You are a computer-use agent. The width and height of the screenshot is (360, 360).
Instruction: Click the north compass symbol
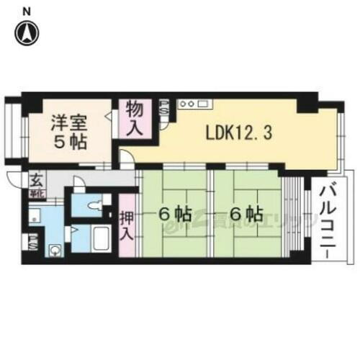tap(27, 32)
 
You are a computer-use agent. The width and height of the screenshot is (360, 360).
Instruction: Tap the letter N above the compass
tap(27, 10)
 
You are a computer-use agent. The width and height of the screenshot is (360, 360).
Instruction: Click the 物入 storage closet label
tap(135, 120)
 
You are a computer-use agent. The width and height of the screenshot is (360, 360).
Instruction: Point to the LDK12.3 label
tap(238, 135)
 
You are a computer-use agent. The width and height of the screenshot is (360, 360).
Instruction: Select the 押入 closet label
tap(126, 225)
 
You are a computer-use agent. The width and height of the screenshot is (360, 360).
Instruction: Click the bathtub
tap(102, 238)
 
